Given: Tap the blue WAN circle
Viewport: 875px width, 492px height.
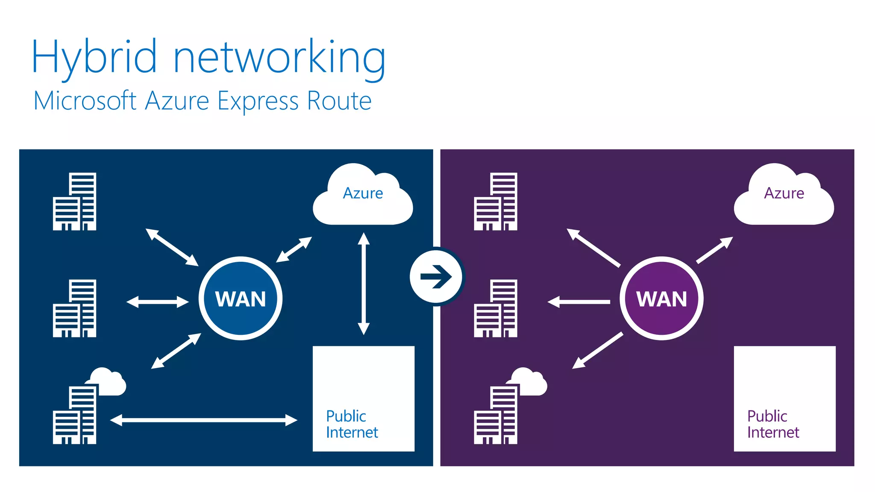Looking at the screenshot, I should (x=241, y=298).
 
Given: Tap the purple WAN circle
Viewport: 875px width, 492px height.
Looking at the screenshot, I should (x=661, y=298).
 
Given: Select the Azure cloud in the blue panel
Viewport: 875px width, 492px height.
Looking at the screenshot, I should (x=363, y=196).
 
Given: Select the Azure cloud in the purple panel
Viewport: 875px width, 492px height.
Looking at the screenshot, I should (x=784, y=196).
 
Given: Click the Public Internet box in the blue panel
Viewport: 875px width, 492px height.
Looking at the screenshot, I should (x=363, y=398).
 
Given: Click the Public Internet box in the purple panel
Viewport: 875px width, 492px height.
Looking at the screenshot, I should (x=784, y=398).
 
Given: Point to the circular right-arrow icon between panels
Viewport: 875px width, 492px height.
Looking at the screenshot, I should (x=436, y=277).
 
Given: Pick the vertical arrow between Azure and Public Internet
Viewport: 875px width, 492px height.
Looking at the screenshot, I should (x=364, y=284).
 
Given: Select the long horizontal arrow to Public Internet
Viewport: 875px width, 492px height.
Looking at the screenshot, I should (x=203, y=420).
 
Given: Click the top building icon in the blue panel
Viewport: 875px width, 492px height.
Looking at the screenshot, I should (x=75, y=202).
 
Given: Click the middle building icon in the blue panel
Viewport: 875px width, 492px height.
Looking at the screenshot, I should (x=75, y=308).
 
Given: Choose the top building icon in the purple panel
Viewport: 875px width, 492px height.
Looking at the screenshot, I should (x=496, y=202).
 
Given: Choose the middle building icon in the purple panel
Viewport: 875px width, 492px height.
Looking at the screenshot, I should (x=496, y=308).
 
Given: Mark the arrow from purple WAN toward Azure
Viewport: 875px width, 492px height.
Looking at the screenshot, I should (x=714, y=250).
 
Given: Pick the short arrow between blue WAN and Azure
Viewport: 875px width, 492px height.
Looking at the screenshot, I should (x=294, y=249).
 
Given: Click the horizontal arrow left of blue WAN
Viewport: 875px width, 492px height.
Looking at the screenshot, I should (x=157, y=302).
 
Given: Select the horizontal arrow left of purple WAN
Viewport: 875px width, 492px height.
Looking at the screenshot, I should (x=578, y=302).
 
